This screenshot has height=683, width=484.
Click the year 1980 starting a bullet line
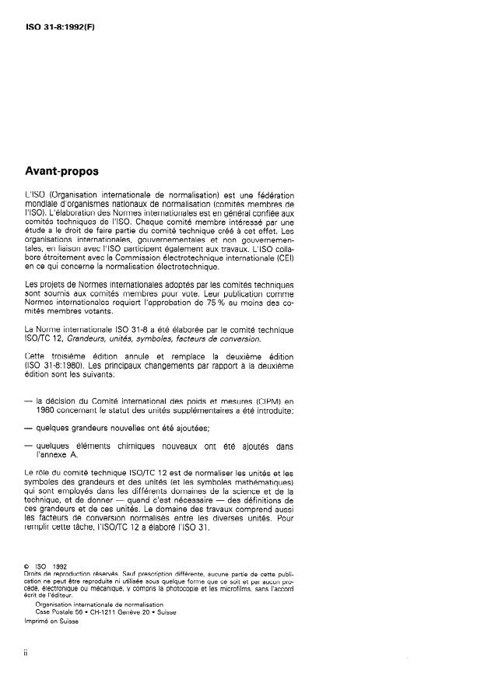(47, 409)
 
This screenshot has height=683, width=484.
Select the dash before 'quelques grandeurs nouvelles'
(29, 427)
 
